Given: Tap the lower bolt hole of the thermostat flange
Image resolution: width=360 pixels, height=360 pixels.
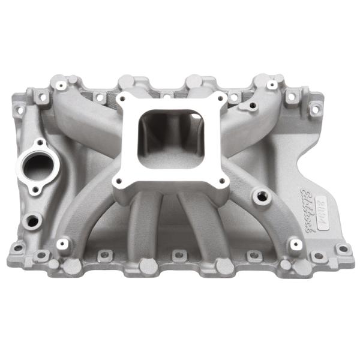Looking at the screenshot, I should point(35,189).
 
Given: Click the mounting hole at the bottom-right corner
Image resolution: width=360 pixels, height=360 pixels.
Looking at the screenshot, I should point(342,248).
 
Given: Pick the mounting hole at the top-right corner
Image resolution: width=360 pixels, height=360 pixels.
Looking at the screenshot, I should point(313,109).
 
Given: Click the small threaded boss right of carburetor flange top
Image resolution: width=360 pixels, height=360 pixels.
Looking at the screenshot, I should point(252,106).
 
